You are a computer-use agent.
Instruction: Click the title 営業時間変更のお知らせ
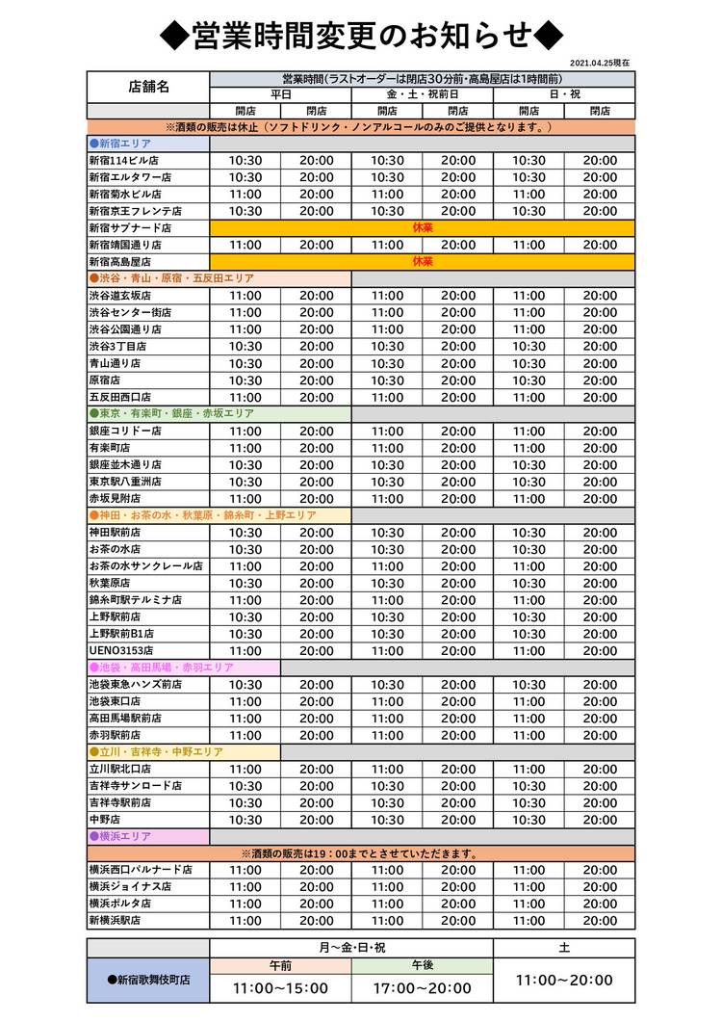tap(360, 36)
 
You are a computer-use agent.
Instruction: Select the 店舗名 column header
tap(148, 87)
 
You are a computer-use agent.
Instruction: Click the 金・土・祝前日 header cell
tap(422, 94)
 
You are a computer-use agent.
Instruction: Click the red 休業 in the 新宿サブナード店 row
tap(422, 227)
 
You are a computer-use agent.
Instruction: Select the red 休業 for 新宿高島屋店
tap(422, 261)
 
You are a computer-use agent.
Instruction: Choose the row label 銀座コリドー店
tap(124, 431)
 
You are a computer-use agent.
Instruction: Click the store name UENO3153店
tap(121, 650)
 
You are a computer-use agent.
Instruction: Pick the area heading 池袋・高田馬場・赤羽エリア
tap(155, 668)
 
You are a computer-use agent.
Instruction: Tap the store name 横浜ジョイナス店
tap(130, 886)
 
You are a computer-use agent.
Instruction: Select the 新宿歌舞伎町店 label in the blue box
tap(148, 980)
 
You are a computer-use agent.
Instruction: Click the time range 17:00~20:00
tap(422, 988)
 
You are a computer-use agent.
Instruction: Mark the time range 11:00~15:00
tap(280, 988)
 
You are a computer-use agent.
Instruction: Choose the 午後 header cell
tap(422, 964)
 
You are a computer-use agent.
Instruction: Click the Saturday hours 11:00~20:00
tap(564, 980)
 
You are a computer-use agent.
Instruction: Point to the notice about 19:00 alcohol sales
tap(360, 853)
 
